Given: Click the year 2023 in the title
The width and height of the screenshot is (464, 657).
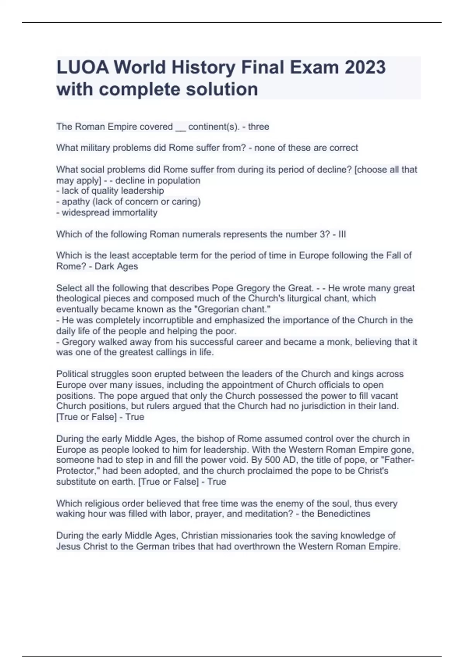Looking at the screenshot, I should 365,67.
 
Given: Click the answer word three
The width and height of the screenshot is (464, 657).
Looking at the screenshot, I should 259,127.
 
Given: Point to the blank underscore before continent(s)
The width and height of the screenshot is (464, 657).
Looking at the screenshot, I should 181,128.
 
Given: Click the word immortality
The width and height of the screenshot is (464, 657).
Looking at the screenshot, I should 136,213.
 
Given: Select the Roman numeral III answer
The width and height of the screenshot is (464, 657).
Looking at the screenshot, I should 342,234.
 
